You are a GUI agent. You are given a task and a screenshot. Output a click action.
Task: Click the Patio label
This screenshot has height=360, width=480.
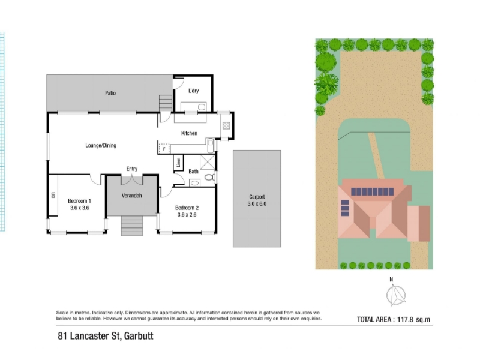click(x=110, y=93)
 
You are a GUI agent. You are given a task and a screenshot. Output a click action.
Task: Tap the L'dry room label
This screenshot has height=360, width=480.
click(x=193, y=91)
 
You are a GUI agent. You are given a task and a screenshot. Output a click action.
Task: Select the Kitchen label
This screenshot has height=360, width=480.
click(x=189, y=133)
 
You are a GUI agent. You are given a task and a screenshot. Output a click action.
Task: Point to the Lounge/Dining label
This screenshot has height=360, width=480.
click(x=101, y=145)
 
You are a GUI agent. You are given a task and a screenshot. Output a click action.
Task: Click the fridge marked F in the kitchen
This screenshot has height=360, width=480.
click(x=164, y=149)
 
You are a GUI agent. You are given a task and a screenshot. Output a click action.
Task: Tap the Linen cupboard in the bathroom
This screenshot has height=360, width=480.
click(x=178, y=163)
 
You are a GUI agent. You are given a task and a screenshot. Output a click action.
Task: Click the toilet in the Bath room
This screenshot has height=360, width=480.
click(x=209, y=177)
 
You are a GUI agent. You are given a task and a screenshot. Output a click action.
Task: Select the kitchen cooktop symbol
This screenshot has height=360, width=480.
click(x=226, y=125)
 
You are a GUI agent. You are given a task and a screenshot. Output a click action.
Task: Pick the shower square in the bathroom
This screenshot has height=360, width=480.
click(x=208, y=163)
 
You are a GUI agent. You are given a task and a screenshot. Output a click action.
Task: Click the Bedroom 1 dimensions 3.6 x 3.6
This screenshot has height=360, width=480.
click(x=80, y=208)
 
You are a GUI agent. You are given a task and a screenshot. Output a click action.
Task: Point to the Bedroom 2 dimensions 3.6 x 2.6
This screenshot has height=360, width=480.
click(x=187, y=215)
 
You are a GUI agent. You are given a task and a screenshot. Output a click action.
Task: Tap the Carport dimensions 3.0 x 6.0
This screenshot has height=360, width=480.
click(x=257, y=204)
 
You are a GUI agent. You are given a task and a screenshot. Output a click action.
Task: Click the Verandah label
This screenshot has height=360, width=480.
click(x=131, y=196)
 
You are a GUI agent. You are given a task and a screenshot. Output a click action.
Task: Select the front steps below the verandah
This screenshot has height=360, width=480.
click(x=132, y=226)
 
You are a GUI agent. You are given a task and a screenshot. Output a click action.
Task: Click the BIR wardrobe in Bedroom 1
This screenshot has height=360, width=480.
click(x=53, y=195)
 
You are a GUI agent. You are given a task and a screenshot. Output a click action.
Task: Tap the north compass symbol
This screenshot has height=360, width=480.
click(x=396, y=295)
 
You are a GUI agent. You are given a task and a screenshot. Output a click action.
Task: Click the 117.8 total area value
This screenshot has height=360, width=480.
click(x=406, y=320)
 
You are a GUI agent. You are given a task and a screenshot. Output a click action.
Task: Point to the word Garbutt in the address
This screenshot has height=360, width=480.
click(x=139, y=336)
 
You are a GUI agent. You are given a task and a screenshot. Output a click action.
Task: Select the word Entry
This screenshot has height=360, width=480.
click(x=132, y=169)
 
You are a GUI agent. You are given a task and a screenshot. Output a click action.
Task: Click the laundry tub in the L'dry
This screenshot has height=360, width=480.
click(x=202, y=107)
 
